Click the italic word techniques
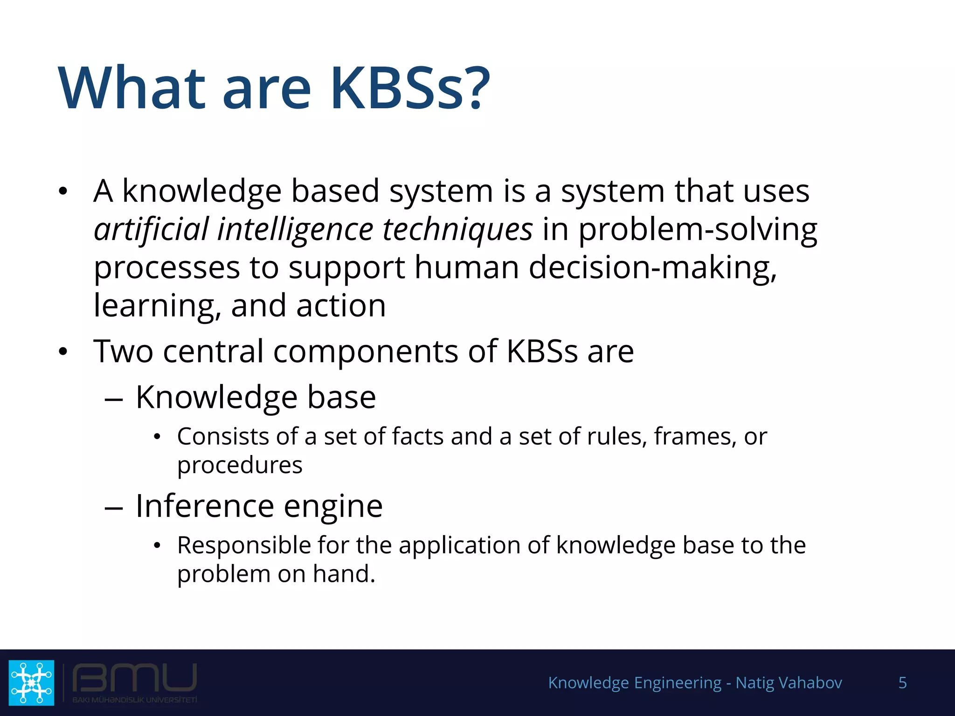coord(457,229)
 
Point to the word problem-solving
coord(698,229)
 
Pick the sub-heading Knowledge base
coord(256,397)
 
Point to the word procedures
coord(240,465)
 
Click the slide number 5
coord(902,682)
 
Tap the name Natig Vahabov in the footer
coord(789,682)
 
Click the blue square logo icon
coord(31,682)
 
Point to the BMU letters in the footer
coord(134,678)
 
